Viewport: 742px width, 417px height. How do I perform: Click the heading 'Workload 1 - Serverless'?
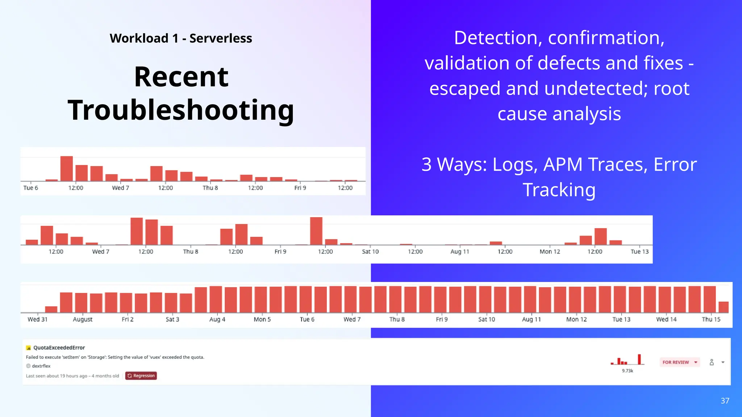click(181, 38)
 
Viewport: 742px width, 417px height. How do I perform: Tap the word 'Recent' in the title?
click(181, 77)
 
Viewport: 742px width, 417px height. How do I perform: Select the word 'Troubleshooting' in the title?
click(181, 110)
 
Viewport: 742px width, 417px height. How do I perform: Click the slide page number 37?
click(725, 401)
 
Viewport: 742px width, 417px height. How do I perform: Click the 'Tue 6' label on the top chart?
click(30, 188)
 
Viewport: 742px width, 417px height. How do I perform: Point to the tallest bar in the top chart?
click(67, 169)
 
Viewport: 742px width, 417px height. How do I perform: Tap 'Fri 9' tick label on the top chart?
click(300, 188)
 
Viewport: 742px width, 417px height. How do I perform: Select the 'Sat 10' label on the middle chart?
click(370, 252)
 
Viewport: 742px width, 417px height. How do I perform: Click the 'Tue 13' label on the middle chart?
click(639, 252)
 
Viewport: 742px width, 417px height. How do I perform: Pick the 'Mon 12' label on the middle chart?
click(550, 252)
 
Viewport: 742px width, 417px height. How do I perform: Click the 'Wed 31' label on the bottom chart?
click(37, 319)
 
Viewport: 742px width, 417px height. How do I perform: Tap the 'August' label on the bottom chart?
click(83, 319)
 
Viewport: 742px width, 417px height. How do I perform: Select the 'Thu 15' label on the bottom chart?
click(711, 319)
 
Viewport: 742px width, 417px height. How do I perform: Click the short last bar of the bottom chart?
click(724, 307)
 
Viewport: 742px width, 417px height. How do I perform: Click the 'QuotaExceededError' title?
click(59, 347)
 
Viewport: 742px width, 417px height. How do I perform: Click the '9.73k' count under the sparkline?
click(628, 371)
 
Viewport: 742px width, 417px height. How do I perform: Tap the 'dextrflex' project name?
click(41, 366)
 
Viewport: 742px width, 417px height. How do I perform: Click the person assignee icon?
click(712, 362)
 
